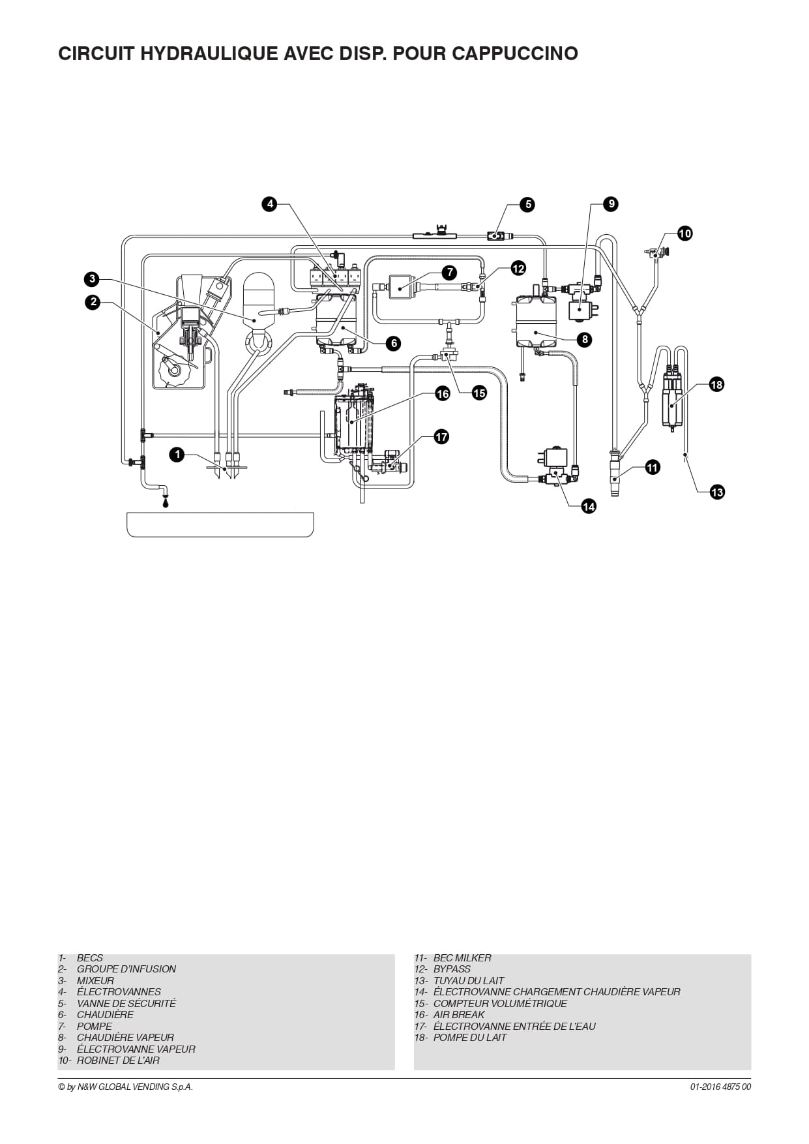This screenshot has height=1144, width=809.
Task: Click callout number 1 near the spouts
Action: click(x=177, y=455)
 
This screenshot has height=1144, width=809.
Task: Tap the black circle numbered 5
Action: click(x=528, y=204)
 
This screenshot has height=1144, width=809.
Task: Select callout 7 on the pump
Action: click(x=449, y=272)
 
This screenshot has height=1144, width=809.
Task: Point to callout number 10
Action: click(x=684, y=233)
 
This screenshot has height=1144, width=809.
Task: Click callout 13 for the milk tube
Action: click(x=717, y=492)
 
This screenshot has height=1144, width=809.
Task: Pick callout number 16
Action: click(x=443, y=393)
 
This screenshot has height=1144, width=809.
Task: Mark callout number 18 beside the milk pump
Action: click(x=716, y=384)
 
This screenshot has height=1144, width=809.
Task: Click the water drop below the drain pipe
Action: click(x=165, y=502)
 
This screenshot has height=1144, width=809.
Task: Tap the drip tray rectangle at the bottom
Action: click(x=220, y=524)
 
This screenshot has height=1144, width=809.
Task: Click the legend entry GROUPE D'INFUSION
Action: click(x=126, y=969)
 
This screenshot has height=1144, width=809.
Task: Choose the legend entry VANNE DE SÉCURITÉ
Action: click(x=126, y=1003)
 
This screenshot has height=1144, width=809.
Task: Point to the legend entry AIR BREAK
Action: click(x=459, y=1014)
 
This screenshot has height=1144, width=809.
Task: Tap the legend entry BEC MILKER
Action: click(x=462, y=957)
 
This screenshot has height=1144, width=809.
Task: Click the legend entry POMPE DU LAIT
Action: click(x=470, y=1037)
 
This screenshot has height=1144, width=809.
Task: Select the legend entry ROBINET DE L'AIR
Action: click(x=118, y=1060)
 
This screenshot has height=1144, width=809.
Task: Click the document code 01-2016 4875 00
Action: click(x=720, y=1087)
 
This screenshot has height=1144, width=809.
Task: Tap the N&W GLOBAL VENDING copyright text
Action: click(x=126, y=1087)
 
